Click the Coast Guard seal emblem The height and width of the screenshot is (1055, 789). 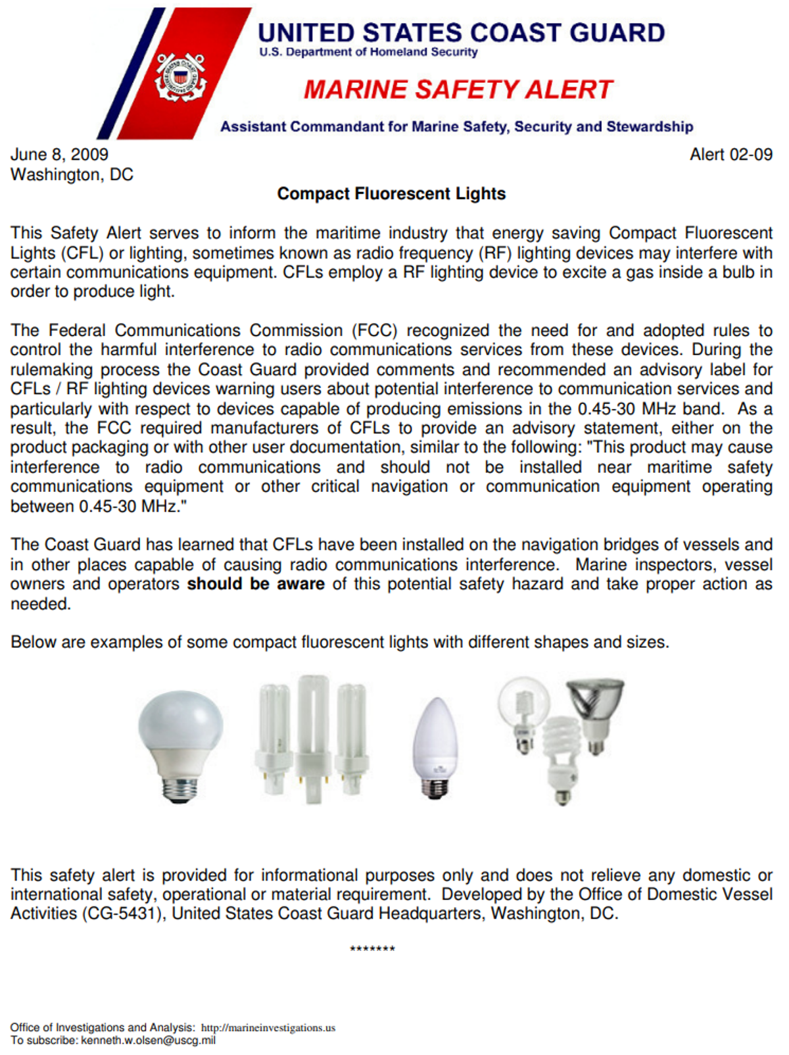click(x=180, y=78)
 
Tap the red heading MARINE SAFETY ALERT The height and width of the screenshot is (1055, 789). click(x=458, y=89)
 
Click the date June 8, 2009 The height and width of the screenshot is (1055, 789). click(x=59, y=155)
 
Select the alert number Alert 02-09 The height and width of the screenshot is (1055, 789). click(x=730, y=155)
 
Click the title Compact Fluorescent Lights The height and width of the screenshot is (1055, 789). click(x=391, y=194)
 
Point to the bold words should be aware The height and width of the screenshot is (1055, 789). click(x=256, y=584)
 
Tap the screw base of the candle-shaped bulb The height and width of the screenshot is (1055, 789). click(x=435, y=787)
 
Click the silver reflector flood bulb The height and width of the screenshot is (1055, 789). click(x=596, y=707)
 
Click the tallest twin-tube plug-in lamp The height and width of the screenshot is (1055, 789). click(x=313, y=737)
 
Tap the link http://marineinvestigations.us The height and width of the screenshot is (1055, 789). click(x=268, y=1027)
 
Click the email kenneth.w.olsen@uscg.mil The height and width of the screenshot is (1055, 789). click(x=148, y=1041)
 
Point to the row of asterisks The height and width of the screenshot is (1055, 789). click(x=372, y=949)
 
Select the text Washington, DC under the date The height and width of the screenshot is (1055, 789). click(x=72, y=175)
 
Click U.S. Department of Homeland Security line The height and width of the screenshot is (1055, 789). click(x=368, y=52)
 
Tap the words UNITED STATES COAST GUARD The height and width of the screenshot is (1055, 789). click(x=461, y=32)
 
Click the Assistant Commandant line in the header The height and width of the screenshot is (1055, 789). click(x=456, y=126)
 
